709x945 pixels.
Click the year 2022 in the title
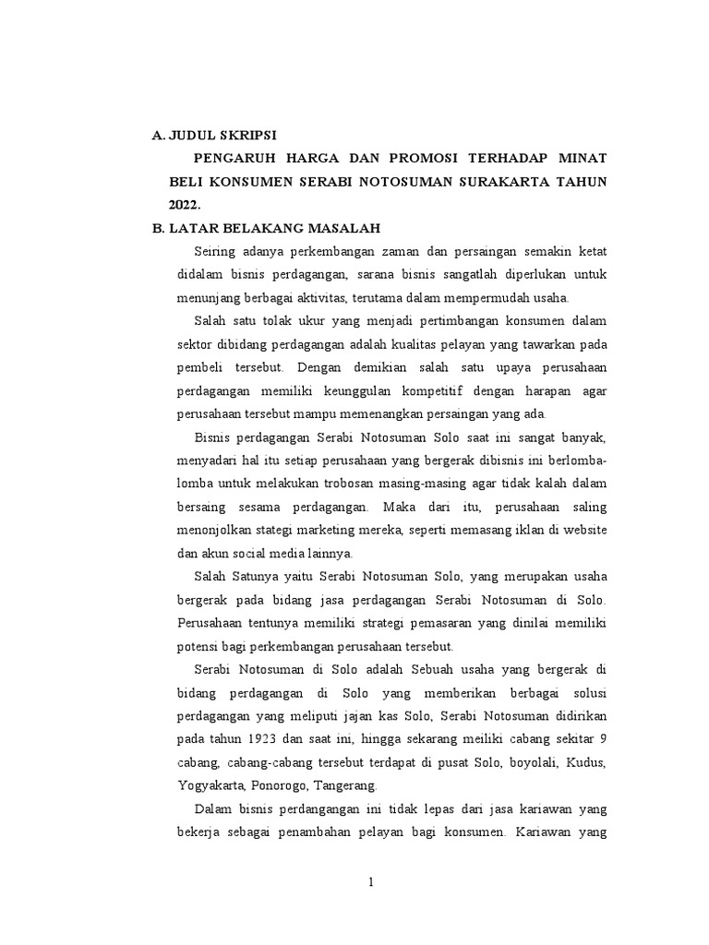(x=184, y=204)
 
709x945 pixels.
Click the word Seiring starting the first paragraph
(x=213, y=251)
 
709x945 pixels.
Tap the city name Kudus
(x=587, y=762)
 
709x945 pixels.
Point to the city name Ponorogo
(x=281, y=786)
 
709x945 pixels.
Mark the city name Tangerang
(x=346, y=786)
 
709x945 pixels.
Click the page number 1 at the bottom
(x=371, y=882)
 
